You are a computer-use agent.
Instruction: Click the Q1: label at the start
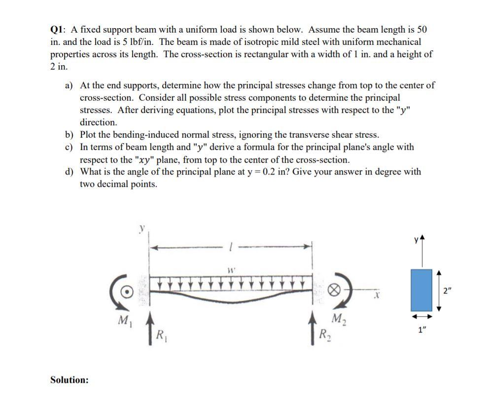pyautogui.click(x=59, y=30)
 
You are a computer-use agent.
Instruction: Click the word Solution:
pyautogui.click(x=69, y=380)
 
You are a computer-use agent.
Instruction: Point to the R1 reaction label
pyautogui.click(x=160, y=337)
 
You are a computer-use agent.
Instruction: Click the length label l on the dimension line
pyautogui.click(x=230, y=246)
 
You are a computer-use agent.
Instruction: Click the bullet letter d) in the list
pyautogui.click(x=69, y=172)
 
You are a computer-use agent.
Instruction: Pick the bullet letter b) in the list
pyautogui.click(x=69, y=135)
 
